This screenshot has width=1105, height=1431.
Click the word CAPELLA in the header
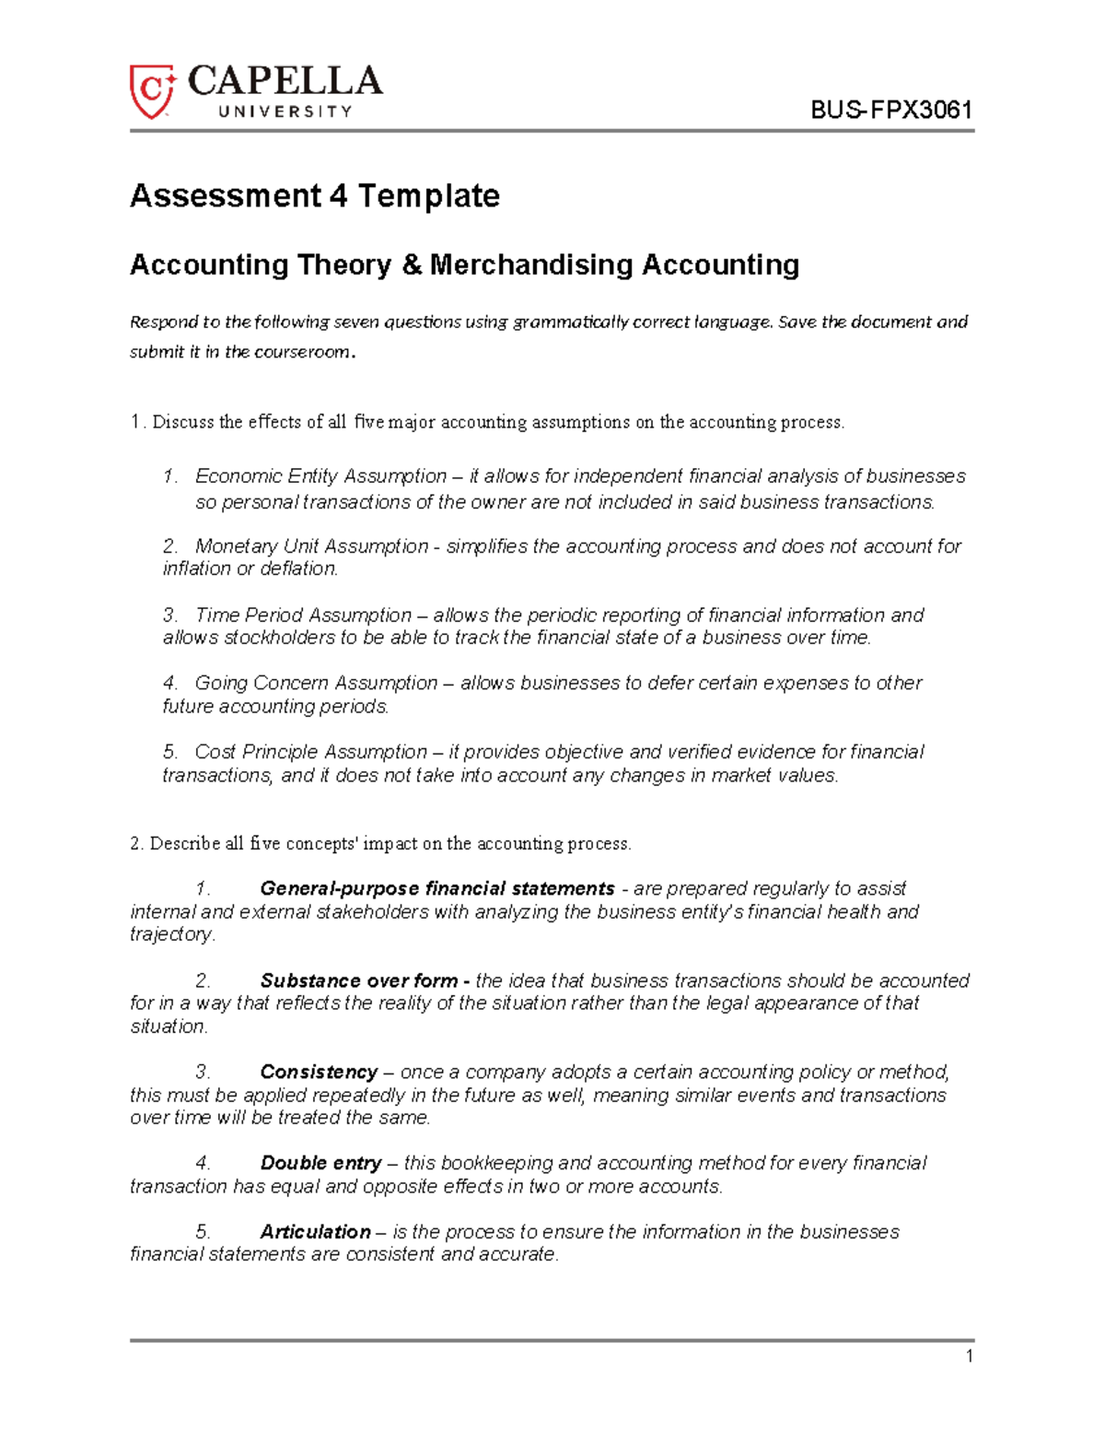point(285,82)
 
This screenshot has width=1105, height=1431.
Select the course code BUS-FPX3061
point(890,111)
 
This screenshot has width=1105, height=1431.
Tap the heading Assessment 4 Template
point(315,195)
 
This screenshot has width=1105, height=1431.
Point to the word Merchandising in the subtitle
point(530,265)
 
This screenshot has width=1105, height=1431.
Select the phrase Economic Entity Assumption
point(320,476)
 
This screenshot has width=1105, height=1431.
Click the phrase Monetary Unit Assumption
point(311,546)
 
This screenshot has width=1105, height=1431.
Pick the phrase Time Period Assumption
point(303,615)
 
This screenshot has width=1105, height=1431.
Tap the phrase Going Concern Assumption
point(316,683)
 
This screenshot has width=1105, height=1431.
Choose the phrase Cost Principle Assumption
point(310,752)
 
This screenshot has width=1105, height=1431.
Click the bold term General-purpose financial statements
point(437,888)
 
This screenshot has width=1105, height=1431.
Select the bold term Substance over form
point(359,980)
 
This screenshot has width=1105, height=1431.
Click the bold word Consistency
point(319,1072)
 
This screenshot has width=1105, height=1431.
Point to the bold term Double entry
point(320,1163)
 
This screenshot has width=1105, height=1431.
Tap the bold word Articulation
point(315,1232)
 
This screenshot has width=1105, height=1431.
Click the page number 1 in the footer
point(969,1356)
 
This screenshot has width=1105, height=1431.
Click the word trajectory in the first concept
point(171,934)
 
